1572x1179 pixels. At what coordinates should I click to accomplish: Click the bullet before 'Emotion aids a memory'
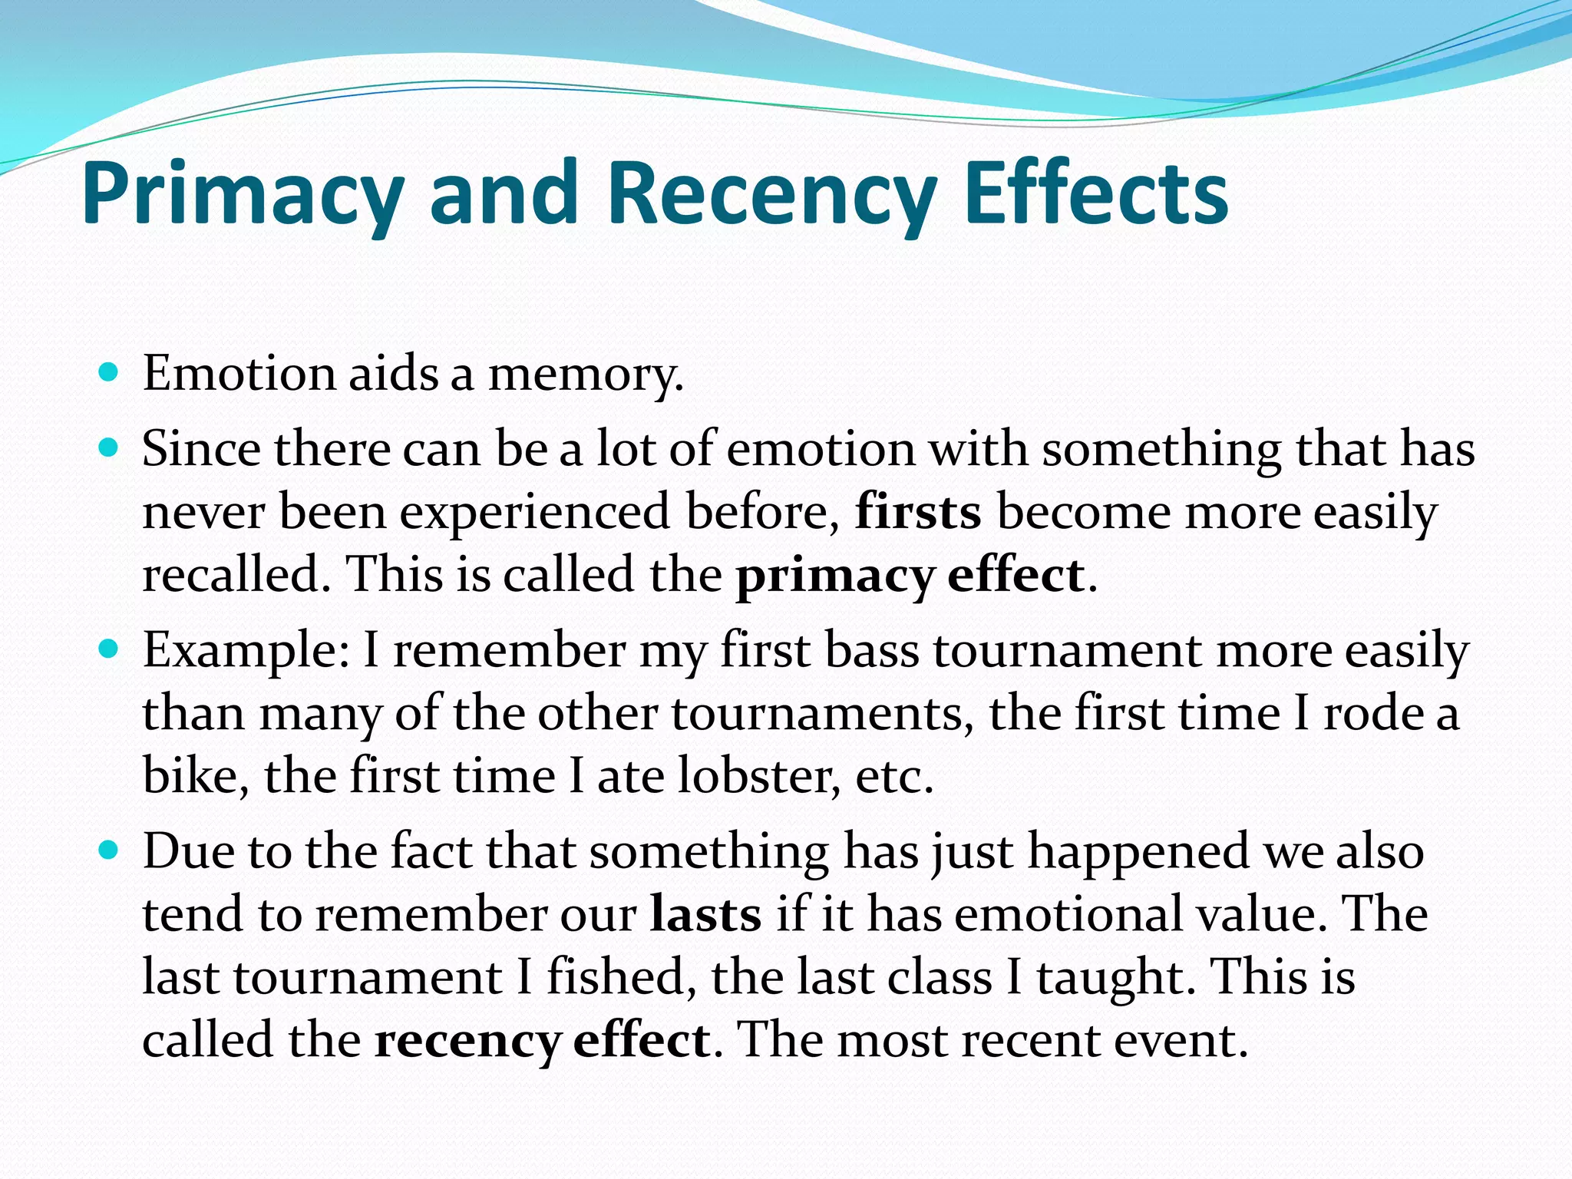coord(109,374)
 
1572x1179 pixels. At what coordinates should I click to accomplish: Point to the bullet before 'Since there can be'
coord(109,447)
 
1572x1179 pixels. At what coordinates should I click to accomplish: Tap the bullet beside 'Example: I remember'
coord(109,650)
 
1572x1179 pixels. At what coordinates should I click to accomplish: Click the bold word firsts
coord(918,512)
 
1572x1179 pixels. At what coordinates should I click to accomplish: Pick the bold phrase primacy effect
coord(910,576)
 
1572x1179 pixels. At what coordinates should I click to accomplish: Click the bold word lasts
coord(705,915)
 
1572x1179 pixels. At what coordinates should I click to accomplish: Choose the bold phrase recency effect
coord(542,1041)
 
